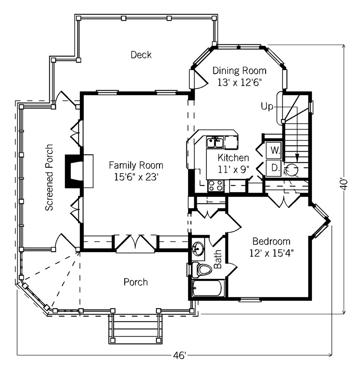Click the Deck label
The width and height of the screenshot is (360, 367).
(141, 55)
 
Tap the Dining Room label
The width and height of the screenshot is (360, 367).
(240, 70)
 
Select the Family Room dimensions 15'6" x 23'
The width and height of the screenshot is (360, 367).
(136, 177)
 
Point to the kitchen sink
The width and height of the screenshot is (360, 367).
(215, 142)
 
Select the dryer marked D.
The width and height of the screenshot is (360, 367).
(274, 168)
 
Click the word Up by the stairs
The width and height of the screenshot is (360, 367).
(267, 106)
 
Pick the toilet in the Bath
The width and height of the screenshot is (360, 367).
(201, 270)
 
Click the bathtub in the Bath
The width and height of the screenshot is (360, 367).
(207, 288)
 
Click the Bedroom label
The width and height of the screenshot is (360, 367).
(271, 241)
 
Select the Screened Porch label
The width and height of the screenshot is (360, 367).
(49, 177)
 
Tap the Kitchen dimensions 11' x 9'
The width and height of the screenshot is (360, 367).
(233, 169)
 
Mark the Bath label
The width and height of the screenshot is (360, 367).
(218, 259)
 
